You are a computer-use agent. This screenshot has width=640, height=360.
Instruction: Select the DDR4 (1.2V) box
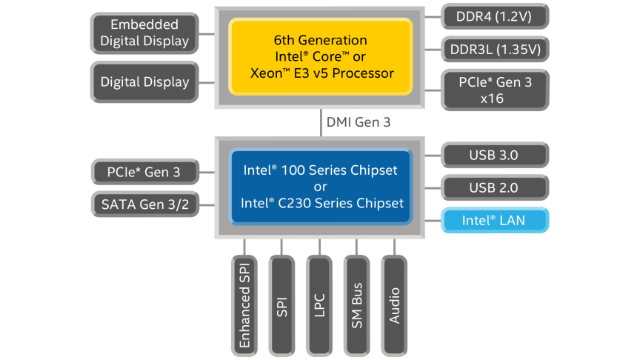pyautogui.click(x=496, y=16)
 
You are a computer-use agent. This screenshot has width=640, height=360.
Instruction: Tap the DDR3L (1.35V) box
pyautogui.click(x=496, y=50)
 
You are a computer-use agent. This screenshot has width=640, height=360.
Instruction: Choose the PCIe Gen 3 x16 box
pyautogui.click(x=496, y=89)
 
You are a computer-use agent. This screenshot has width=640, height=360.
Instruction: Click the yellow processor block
pyautogui.click(x=320, y=57)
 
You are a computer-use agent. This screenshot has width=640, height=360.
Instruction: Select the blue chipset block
pyautogui.click(x=320, y=187)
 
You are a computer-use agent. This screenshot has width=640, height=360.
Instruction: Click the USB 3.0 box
pyautogui.click(x=494, y=155)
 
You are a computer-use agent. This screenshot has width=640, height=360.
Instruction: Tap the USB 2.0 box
pyautogui.click(x=494, y=187)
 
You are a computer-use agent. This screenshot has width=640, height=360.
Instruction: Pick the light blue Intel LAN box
pyautogui.click(x=494, y=220)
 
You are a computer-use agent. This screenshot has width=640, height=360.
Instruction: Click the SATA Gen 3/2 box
pyautogui.click(x=145, y=204)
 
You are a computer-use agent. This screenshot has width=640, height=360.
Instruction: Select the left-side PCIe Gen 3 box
pyautogui.click(x=145, y=173)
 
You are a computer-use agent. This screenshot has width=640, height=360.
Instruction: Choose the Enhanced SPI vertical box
pyautogui.click(x=244, y=304)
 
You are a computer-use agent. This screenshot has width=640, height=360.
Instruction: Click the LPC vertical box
pyautogui.click(x=319, y=304)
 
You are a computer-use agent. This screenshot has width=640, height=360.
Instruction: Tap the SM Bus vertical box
pyautogui.click(x=357, y=304)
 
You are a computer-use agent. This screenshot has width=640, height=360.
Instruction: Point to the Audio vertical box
pyautogui.click(x=395, y=304)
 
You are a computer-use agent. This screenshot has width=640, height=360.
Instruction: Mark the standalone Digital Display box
pyautogui.click(x=145, y=81)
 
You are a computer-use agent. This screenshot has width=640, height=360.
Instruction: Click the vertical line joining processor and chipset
pyautogui.click(x=320, y=122)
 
